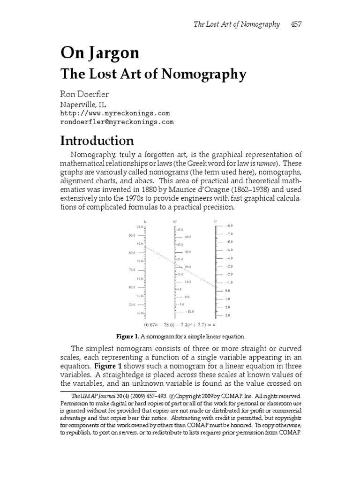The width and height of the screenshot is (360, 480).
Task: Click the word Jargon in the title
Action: [x=111, y=53]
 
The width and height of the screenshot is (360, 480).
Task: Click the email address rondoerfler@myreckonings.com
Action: [x=117, y=122]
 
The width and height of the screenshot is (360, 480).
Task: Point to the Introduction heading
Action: [x=97, y=141]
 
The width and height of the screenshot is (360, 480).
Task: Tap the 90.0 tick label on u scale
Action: [x=132, y=236]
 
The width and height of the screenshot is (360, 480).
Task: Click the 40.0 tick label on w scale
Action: [x=187, y=237]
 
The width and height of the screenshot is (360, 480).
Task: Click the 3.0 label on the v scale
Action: [x=227, y=315]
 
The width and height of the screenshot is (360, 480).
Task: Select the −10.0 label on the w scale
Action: [x=189, y=312]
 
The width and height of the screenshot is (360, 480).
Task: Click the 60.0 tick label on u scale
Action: [x=132, y=287]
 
